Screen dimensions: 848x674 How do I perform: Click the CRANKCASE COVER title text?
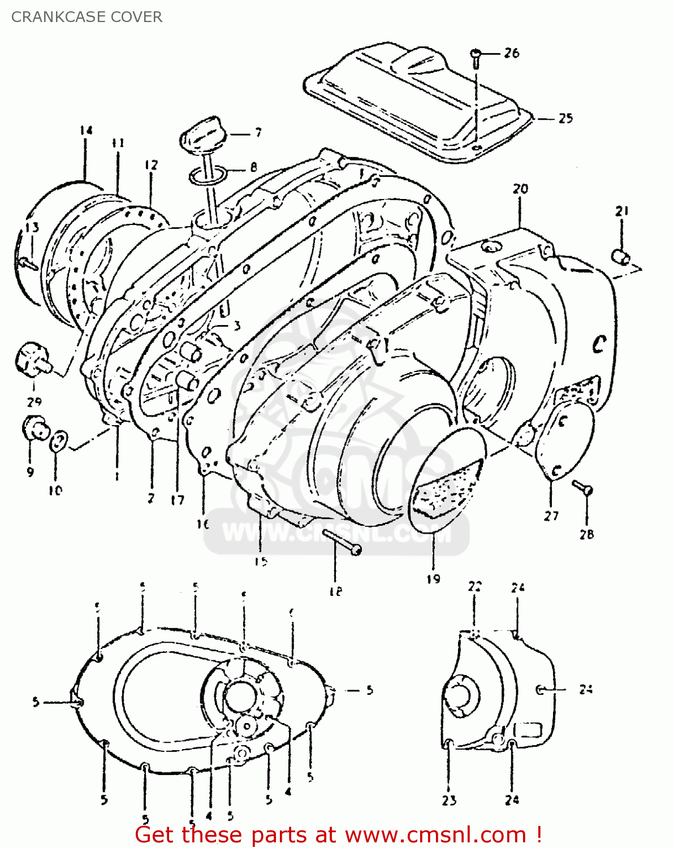[x=87, y=17]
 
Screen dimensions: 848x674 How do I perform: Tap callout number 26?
[x=511, y=53]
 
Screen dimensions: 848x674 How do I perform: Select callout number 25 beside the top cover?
[x=565, y=118]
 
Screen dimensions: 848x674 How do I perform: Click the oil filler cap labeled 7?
[x=202, y=136]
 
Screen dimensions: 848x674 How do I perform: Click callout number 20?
[x=520, y=188]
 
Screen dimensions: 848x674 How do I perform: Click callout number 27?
[x=551, y=515]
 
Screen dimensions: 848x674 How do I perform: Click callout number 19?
[x=433, y=578]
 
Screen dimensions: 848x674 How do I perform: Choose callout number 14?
[x=85, y=131]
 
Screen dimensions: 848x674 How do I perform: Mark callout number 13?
[x=32, y=227]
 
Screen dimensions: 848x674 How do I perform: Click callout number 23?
[x=449, y=800]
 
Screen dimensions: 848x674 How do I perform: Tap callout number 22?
[x=474, y=586]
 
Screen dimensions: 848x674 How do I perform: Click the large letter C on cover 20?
[x=599, y=344]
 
